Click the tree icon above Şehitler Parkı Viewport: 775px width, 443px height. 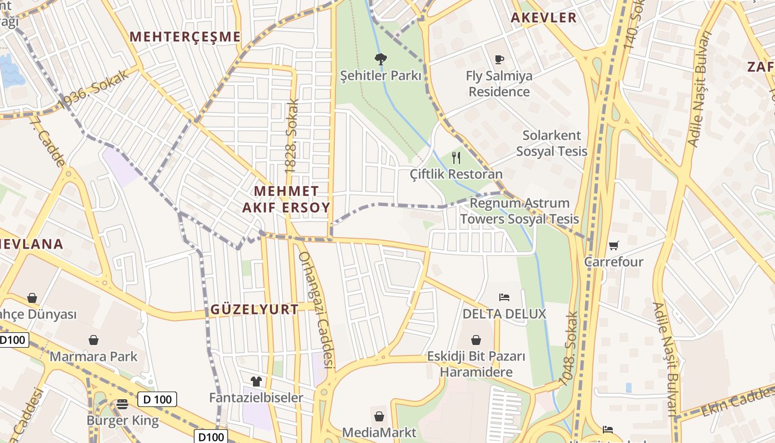coord(381,59)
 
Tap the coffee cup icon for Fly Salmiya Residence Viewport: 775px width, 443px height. coord(499,59)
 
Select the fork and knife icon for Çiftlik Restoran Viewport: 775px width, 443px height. coord(456,158)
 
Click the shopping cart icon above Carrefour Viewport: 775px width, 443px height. coord(613,245)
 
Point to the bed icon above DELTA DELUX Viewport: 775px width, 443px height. coord(504,297)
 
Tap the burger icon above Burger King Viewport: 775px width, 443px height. coord(122,404)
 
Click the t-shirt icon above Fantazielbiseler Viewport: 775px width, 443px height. coord(256,381)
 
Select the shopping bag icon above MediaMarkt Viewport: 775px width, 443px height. coord(379,416)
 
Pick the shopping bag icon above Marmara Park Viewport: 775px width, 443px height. coord(94,339)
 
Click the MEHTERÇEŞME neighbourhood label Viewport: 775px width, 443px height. coord(185,37)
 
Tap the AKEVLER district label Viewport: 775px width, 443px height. coord(544,18)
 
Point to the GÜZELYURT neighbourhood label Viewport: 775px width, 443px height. coord(255,310)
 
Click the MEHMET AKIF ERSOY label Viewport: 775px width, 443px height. coord(286,199)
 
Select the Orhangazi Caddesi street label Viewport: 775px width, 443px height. coord(317,310)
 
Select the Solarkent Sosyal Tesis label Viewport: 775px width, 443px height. coord(552,143)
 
